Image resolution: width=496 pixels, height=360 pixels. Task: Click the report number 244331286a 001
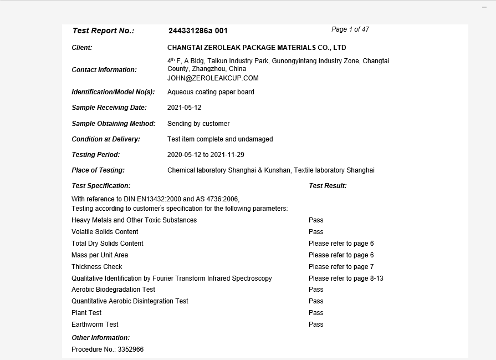coord(198,31)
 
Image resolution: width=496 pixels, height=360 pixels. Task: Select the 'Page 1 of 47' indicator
coord(350,29)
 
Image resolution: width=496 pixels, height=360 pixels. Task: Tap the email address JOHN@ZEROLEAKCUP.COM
coord(213,78)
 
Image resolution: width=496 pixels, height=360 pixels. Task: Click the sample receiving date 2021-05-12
coord(184,108)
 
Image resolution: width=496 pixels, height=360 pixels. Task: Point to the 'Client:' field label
coord(82,48)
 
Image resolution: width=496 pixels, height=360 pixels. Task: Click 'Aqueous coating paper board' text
coord(211,92)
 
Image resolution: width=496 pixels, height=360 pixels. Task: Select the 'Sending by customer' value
coord(198,124)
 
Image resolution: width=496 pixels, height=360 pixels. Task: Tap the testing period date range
coord(206,155)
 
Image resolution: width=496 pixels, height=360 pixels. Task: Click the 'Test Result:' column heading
coord(328,186)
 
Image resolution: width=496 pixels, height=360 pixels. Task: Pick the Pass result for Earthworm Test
coord(316,324)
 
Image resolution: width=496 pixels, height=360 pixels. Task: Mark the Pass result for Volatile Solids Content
coord(316,232)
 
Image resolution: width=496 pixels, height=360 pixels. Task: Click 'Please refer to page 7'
coord(341,267)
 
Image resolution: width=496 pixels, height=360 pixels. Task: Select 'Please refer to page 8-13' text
coord(346,278)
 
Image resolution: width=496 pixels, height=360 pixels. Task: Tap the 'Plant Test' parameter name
coord(86,313)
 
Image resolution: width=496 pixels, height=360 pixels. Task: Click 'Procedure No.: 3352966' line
coord(108,350)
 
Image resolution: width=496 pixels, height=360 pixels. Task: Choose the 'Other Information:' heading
coord(101,338)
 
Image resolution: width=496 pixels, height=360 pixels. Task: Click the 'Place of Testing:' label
coord(98,170)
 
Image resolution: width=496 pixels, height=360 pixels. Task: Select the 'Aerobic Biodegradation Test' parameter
coord(113,290)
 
